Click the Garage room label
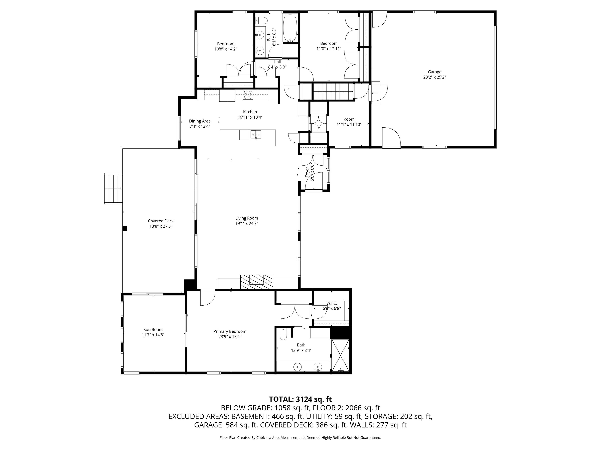(x=435, y=72)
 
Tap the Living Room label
(x=247, y=218)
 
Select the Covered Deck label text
(x=161, y=221)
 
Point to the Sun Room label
(x=153, y=330)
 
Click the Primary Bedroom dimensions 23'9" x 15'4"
(x=230, y=337)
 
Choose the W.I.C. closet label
(x=332, y=303)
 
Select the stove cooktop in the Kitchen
(x=248, y=94)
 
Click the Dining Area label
(x=200, y=121)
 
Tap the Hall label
(x=277, y=62)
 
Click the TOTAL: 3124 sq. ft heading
(x=300, y=399)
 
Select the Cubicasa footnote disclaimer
(x=300, y=438)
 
